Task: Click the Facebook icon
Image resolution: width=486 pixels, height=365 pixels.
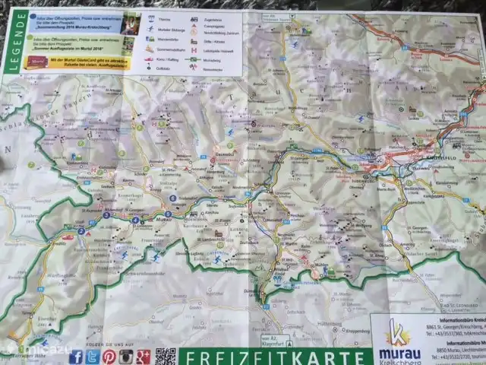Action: pos(75,357)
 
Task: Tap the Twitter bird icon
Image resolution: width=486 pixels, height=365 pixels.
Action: pos(92,357)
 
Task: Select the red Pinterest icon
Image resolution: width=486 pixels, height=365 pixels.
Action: pos(109,357)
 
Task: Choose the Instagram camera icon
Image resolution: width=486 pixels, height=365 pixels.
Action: pos(127,357)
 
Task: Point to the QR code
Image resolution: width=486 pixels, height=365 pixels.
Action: pos(166,356)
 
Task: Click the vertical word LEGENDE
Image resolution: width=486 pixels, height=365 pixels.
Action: pos(12,42)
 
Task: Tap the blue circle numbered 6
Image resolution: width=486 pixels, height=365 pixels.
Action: pos(172,198)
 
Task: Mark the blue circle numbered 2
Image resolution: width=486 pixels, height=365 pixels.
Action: pos(80,230)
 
